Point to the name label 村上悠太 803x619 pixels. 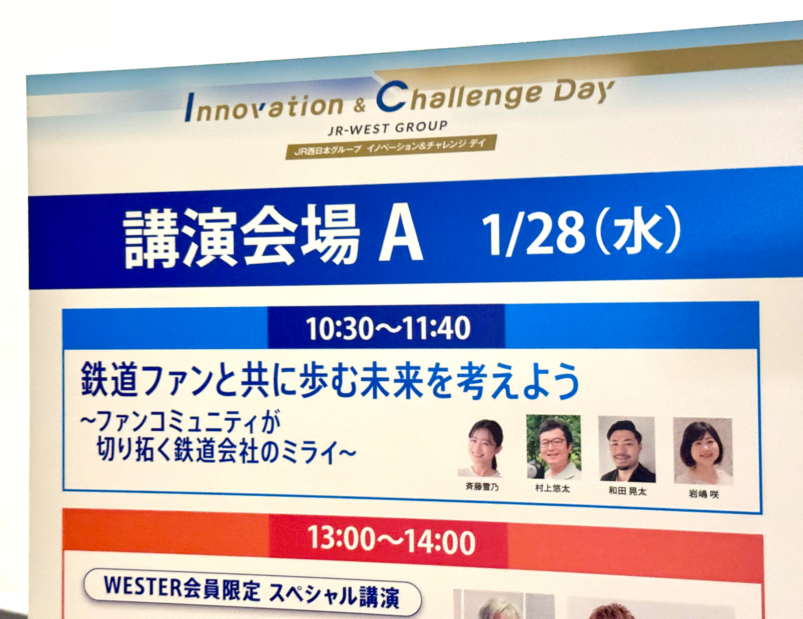pyautogui.click(x=553, y=489)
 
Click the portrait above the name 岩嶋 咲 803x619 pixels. pyautogui.click(x=703, y=451)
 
